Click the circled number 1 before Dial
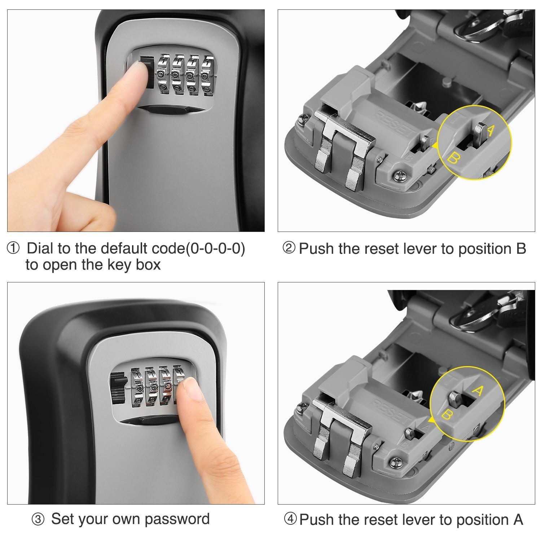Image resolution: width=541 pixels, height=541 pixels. (x=13, y=248)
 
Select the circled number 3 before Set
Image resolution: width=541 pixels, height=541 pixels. (x=38, y=520)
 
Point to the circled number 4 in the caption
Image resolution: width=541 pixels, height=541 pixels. (x=290, y=519)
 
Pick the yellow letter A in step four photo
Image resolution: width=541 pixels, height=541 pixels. (x=478, y=391)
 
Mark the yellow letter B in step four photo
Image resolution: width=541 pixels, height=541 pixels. (x=447, y=415)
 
